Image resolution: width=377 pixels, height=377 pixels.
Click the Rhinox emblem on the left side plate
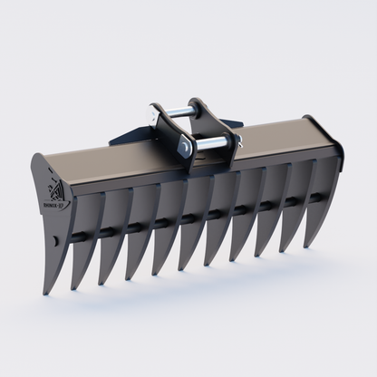click(x=53, y=188)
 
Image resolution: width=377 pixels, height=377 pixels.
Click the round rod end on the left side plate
click(x=55, y=239)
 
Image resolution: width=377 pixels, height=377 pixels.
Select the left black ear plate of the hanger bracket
click(x=170, y=136)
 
